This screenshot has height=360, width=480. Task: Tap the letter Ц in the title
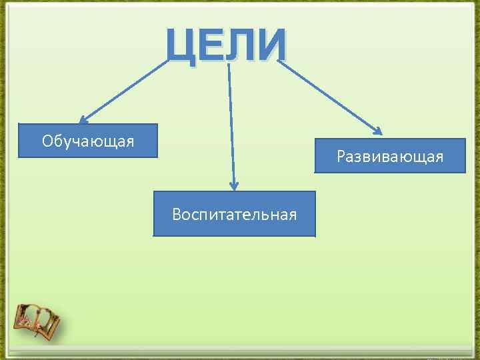click(182, 46)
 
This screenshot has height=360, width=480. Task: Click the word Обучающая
click(88, 141)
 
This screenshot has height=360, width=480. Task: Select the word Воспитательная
click(234, 214)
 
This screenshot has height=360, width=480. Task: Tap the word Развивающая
click(390, 157)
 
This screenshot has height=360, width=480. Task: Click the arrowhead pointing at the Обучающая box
click(83, 120)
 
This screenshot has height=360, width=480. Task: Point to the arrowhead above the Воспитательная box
click(234, 186)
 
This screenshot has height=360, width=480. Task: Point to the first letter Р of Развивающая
click(341, 157)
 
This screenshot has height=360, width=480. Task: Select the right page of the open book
click(48, 323)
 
